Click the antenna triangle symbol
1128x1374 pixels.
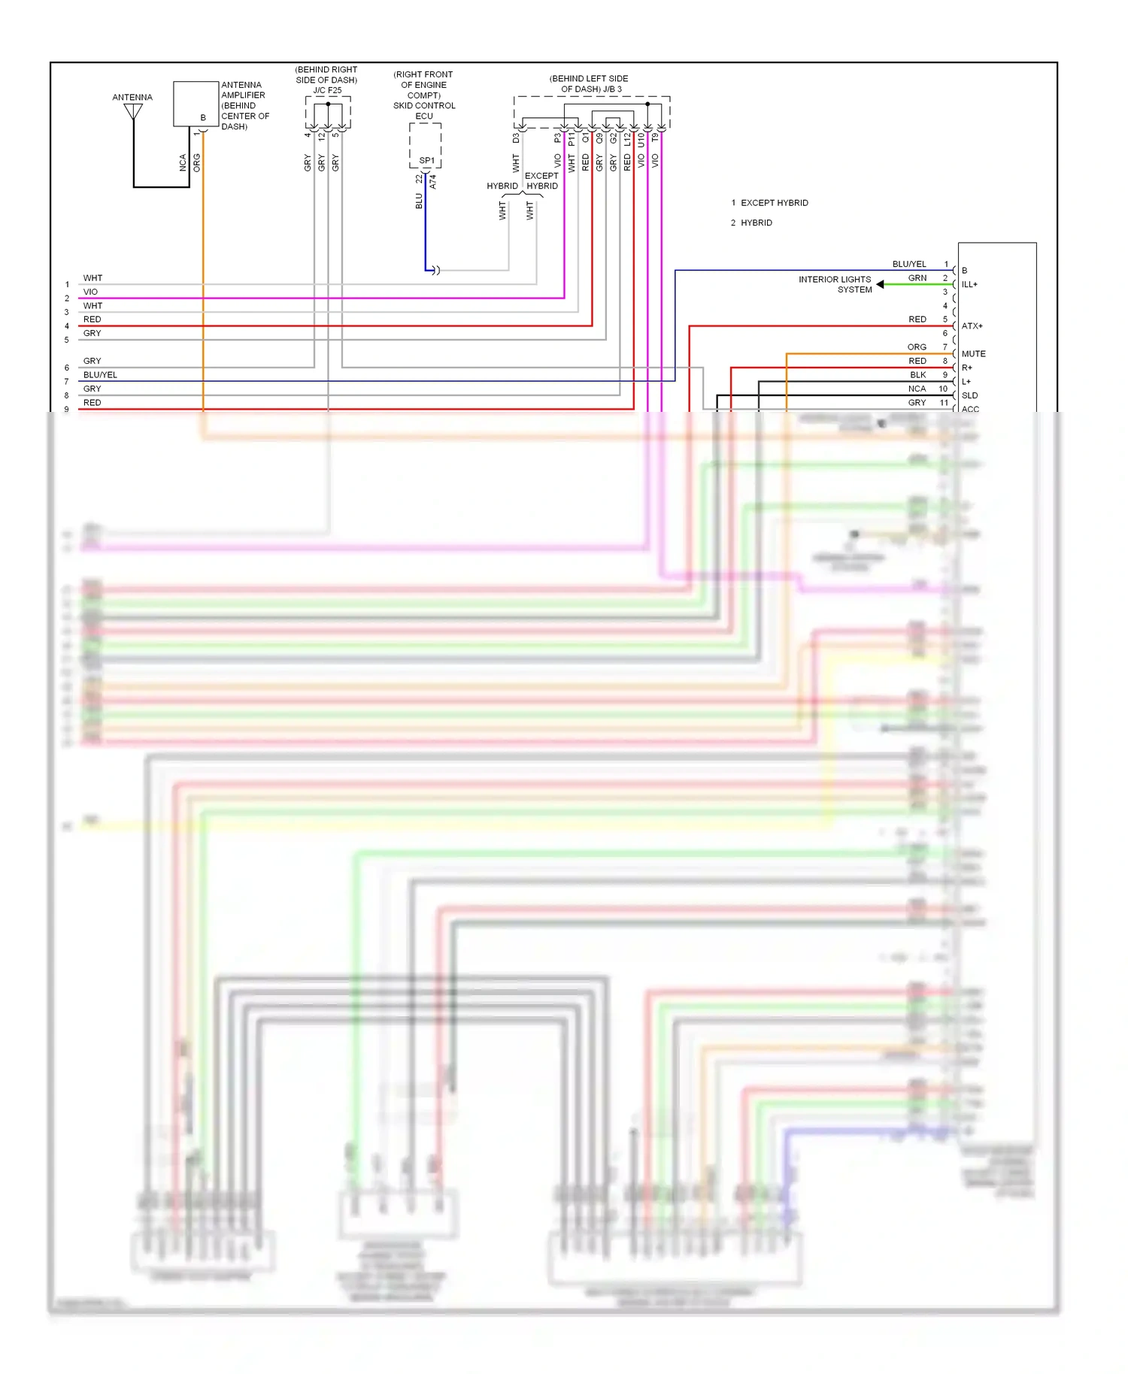click(133, 112)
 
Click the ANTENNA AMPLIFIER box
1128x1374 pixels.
click(196, 104)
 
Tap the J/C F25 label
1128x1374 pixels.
click(327, 90)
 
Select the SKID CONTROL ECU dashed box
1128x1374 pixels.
click(425, 144)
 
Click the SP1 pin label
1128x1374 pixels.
click(426, 161)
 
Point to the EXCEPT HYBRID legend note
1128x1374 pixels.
click(774, 203)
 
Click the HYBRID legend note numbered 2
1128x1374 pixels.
click(756, 223)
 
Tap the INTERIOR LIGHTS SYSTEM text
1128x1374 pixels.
click(835, 284)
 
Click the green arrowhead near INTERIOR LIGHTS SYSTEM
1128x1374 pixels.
click(880, 284)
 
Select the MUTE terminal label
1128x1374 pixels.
click(973, 354)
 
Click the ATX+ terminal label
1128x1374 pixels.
click(972, 326)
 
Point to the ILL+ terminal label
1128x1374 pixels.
click(969, 285)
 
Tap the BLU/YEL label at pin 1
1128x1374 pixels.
click(908, 265)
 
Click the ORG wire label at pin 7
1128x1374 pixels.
click(917, 347)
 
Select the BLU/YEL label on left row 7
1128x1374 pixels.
click(100, 375)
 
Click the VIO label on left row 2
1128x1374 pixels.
click(90, 292)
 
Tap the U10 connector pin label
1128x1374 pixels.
click(641, 139)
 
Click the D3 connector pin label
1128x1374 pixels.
click(516, 139)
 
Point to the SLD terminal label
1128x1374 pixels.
click(969, 395)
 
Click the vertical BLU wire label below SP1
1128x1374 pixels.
click(419, 201)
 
